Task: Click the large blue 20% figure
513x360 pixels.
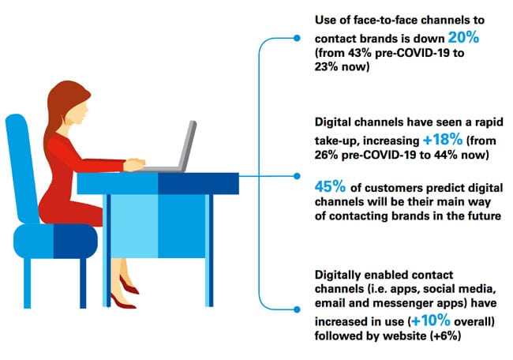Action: [463, 38]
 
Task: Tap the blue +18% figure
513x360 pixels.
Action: [443, 140]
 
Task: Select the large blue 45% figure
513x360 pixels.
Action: [330, 187]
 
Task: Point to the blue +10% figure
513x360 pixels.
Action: [431, 321]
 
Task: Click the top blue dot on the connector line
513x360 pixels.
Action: [297, 39]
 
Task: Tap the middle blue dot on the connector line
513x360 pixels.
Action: [297, 176]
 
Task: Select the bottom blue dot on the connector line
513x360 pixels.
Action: [297, 309]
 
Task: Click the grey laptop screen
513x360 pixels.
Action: [188, 144]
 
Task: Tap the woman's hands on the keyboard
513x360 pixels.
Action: [134, 164]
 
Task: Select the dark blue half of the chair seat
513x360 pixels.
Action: [75, 242]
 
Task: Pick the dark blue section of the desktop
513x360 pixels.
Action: [198, 184]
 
